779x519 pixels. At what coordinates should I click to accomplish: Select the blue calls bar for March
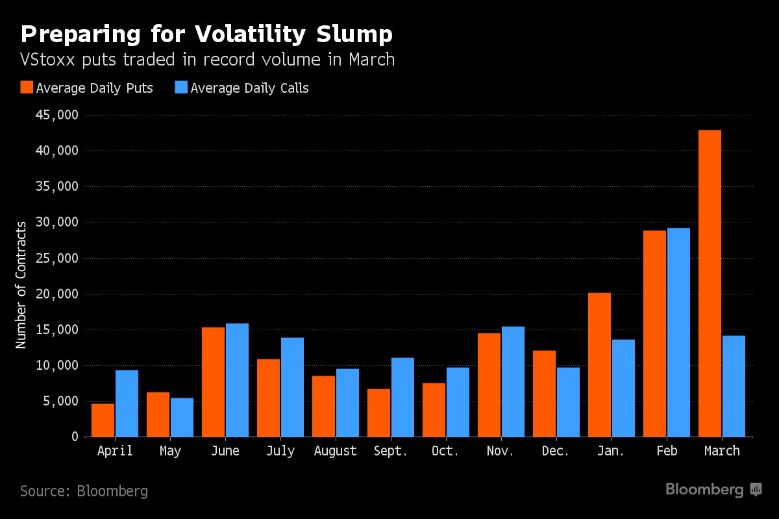tap(734, 386)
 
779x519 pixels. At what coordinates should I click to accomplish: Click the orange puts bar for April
tap(103, 420)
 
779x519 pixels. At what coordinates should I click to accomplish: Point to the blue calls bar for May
tap(182, 417)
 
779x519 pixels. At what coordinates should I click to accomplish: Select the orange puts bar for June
tap(213, 382)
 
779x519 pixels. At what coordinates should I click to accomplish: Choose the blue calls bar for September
tap(402, 397)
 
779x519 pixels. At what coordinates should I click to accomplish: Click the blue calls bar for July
tap(292, 387)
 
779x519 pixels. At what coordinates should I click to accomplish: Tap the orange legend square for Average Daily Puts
tap(27, 88)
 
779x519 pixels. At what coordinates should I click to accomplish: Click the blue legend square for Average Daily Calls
tap(181, 88)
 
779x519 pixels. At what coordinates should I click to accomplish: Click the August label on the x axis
tap(335, 451)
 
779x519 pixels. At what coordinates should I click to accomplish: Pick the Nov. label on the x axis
tap(501, 451)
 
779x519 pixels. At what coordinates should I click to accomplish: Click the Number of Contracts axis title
tap(21, 284)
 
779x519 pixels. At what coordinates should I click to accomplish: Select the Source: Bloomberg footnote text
tap(84, 491)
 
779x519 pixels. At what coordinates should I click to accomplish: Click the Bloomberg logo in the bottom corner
tap(713, 490)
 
